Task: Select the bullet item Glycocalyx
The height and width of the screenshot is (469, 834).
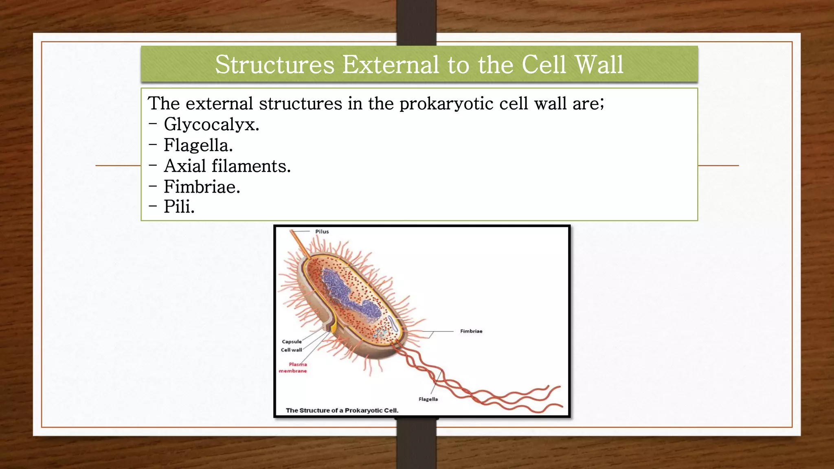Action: (x=211, y=124)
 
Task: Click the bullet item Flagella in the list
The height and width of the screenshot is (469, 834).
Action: (x=198, y=145)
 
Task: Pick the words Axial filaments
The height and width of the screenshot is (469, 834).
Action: (x=227, y=166)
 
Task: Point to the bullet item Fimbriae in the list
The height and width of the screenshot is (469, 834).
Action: (x=202, y=187)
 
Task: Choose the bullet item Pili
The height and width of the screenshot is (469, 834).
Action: (x=179, y=207)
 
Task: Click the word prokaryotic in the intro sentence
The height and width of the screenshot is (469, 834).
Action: (x=446, y=103)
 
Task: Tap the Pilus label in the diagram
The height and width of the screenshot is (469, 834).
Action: (x=322, y=232)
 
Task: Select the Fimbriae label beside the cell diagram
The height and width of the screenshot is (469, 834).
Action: (x=471, y=331)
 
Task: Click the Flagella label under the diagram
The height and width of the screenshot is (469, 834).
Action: (x=428, y=399)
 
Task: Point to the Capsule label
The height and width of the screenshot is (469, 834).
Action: (x=292, y=342)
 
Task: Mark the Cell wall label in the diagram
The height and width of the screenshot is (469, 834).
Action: (x=291, y=350)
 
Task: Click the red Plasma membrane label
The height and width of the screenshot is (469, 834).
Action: (x=293, y=368)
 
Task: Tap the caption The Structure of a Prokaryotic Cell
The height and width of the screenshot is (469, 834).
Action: (x=342, y=410)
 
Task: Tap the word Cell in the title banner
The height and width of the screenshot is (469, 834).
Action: (x=544, y=65)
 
